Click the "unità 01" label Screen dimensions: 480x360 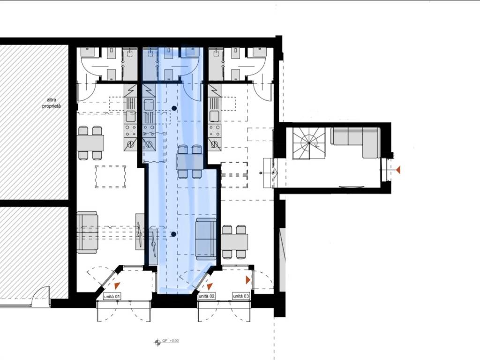(x=112, y=296)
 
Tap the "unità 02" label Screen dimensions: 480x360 (x=207, y=296)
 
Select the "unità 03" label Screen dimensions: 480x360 (x=241, y=296)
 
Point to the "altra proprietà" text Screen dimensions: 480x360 (x=52, y=103)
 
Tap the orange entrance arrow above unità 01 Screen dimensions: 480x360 (x=117, y=285)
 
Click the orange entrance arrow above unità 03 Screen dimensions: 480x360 (x=248, y=279)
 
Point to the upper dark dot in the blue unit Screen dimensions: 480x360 (x=174, y=108)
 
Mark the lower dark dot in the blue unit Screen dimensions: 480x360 (x=173, y=234)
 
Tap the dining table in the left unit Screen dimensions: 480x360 (x=90, y=143)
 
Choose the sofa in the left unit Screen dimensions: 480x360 (x=87, y=232)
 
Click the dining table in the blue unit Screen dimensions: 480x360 (x=189, y=161)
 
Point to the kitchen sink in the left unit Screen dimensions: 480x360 (x=130, y=116)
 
